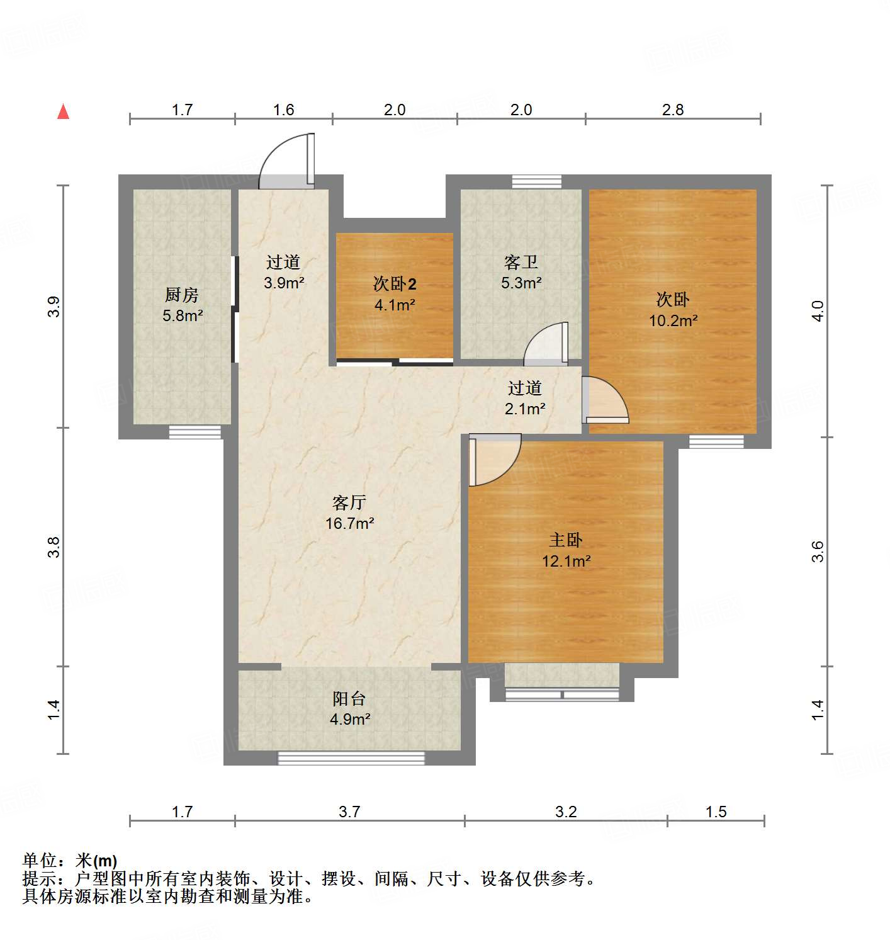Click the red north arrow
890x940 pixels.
[x=63, y=111]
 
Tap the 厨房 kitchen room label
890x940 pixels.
[x=182, y=294]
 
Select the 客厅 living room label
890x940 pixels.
[x=349, y=502]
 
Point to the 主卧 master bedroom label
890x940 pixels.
[x=566, y=540]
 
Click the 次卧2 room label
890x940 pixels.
[x=395, y=284]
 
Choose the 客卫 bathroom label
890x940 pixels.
[x=521, y=262]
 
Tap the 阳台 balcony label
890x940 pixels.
[x=349, y=698]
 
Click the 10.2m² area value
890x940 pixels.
[x=673, y=320]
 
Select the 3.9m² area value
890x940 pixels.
[x=284, y=283]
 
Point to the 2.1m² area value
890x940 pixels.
[x=525, y=409]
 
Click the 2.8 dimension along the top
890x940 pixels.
[x=673, y=110]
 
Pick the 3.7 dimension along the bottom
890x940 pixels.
[x=349, y=812]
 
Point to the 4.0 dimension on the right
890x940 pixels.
[x=817, y=311]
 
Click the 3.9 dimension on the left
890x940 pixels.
[x=54, y=307]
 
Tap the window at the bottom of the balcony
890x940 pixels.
[x=351, y=758]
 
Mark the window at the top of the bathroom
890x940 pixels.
[x=536, y=181]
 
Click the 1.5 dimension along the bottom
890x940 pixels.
[x=716, y=812]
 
